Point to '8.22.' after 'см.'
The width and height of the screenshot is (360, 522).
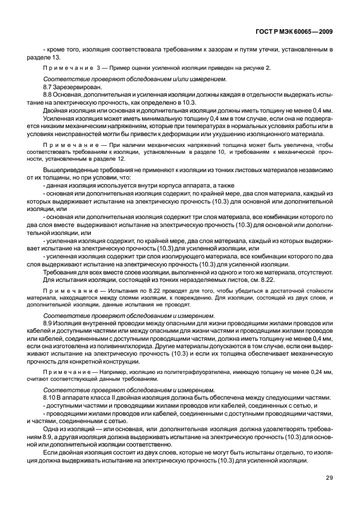tap(267, 278)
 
